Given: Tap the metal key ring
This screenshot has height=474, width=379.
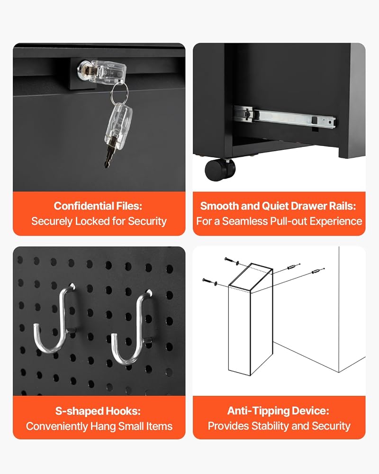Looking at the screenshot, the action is click(x=119, y=92).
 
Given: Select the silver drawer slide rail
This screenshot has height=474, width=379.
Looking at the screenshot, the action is click(x=284, y=117).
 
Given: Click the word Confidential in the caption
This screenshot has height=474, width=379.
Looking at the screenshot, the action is click(x=80, y=206).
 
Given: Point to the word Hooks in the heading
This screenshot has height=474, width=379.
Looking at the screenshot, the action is click(x=123, y=411).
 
